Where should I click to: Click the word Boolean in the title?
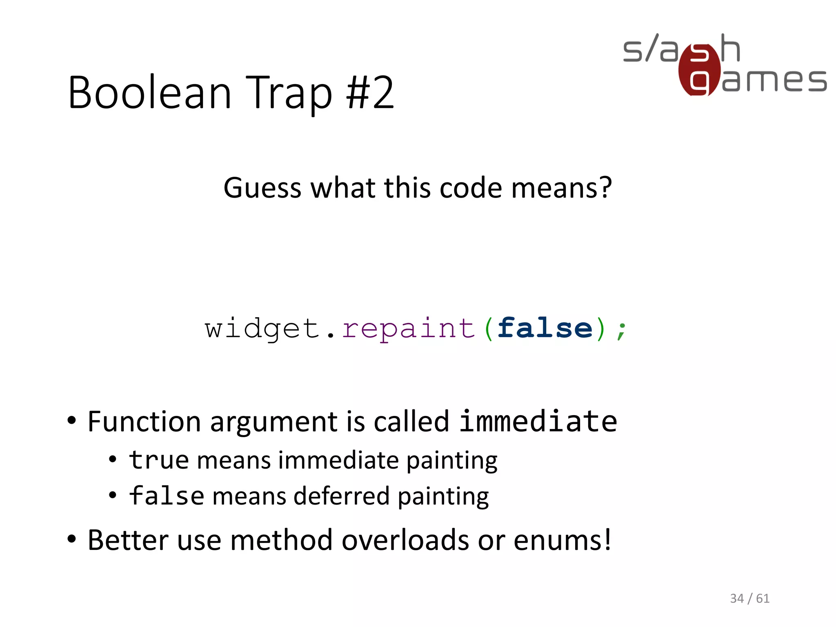[150, 93]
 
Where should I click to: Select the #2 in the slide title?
[370, 93]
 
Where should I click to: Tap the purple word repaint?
[409, 329]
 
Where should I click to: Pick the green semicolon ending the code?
[621, 330]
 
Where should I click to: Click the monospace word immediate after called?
[538, 421]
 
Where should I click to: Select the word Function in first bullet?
[144, 421]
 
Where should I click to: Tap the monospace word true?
[159, 460]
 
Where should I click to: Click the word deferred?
[342, 496]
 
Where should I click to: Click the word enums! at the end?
[562, 540]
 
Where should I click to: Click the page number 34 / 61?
[749, 598]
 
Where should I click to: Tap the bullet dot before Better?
[72, 539]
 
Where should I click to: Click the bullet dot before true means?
[113, 460]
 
